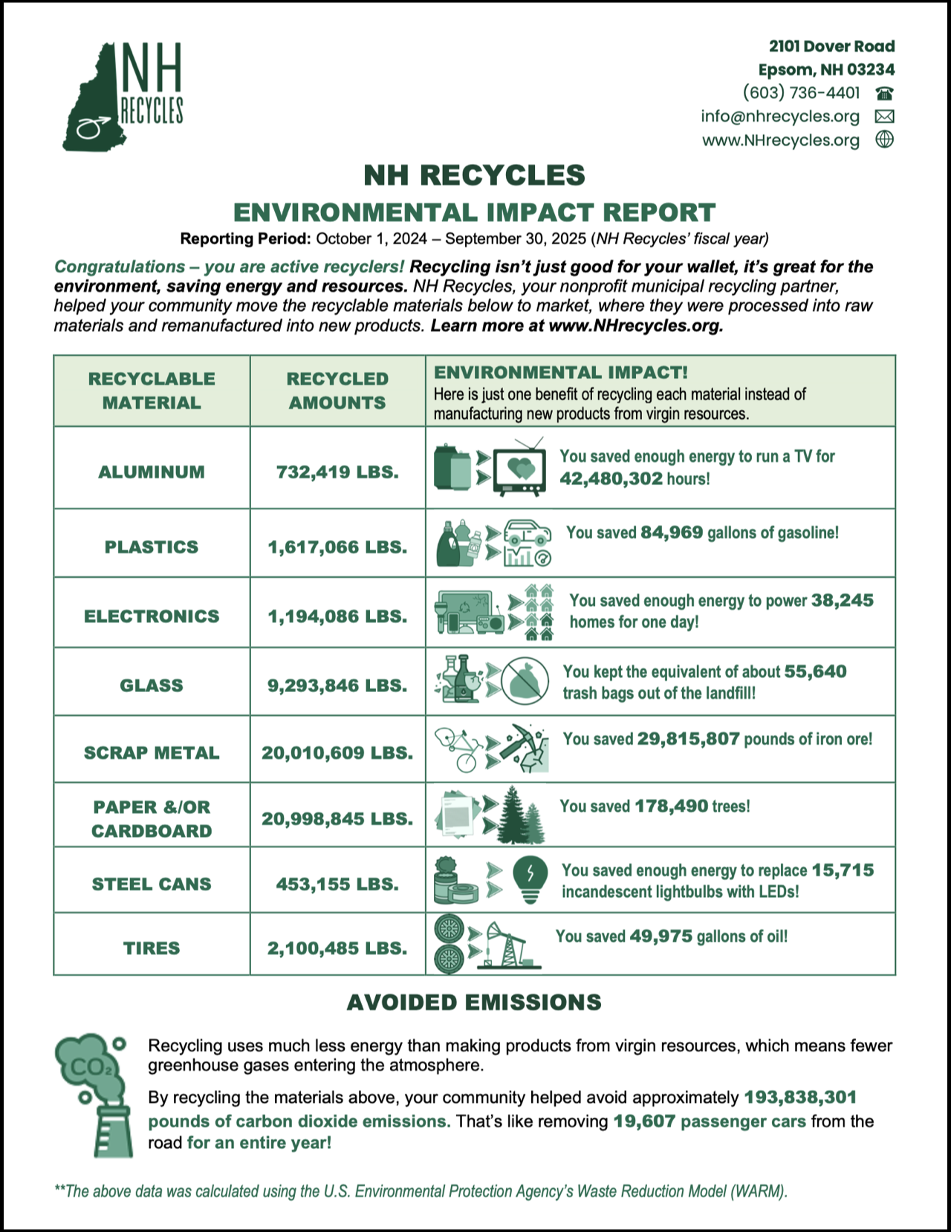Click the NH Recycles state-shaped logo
click(x=123, y=97)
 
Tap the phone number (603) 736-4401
click(x=801, y=93)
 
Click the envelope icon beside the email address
click(x=884, y=117)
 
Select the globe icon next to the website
click(x=884, y=140)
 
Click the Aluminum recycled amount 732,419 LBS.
click(x=337, y=472)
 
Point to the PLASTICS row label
click(x=152, y=547)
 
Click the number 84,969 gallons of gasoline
click(x=671, y=532)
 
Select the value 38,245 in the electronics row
click(x=842, y=600)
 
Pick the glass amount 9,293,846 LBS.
click(x=337, y=685)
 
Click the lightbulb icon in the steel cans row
click(x=530, y=879)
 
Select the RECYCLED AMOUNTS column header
click(x=337, y=391)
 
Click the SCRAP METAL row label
click(x=152, y=753)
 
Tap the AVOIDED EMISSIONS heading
click(x=474, y=1003)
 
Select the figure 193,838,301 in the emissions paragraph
click(x=800, y=1097)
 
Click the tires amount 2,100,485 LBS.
click(x=337, y=948)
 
